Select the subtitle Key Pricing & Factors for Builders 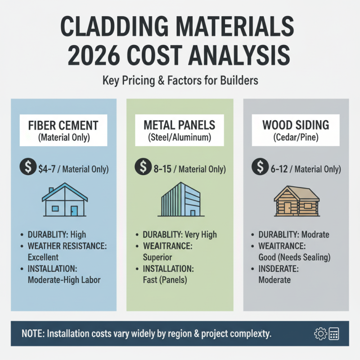[180, 82]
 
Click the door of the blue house [74, 210]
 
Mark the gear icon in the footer [320, 333]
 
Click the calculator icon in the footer [333, 333]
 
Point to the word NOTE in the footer [32, 334]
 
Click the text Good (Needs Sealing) [294, 257]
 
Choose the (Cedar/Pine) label [296, 138]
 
